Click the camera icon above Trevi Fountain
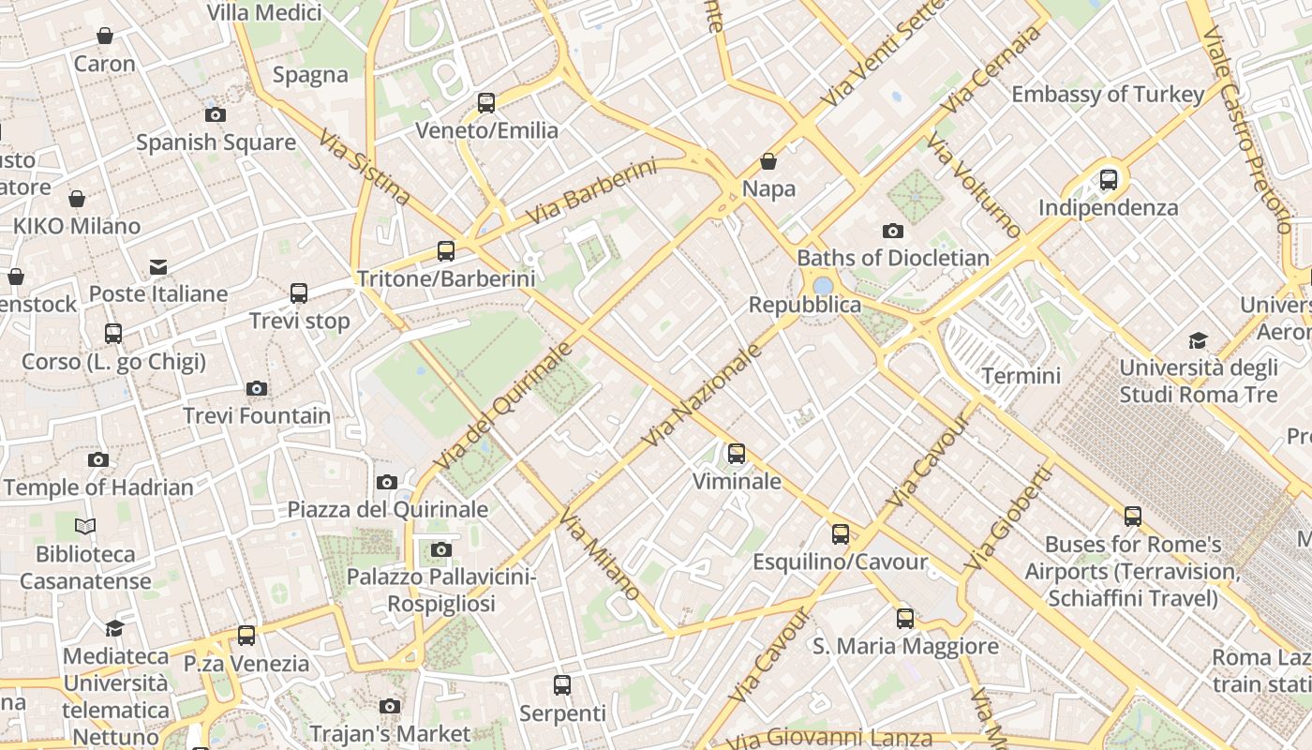click(256, 388)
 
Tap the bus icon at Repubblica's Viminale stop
click(737, 454)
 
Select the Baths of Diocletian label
click(892, 258)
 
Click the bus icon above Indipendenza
click(1109, 179)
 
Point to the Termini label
click(1021, 376)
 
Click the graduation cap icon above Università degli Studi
click(1198, 339)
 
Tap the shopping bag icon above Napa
click(768, 161)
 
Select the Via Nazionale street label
click(703, 396)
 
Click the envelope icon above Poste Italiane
click(158, 267)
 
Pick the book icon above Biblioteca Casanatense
click(85, 526)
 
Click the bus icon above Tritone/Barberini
click(446, 251)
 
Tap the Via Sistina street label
click(364, 167)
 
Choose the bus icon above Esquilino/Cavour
click(841, 534)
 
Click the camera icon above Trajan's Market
click(390, 706)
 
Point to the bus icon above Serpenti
click(562, 685)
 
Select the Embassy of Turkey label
click(1107, 95)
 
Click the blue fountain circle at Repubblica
click(823, 285)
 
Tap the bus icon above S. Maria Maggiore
click(904, 619)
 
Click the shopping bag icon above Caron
click(105, 37)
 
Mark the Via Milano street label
click(600, 554)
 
